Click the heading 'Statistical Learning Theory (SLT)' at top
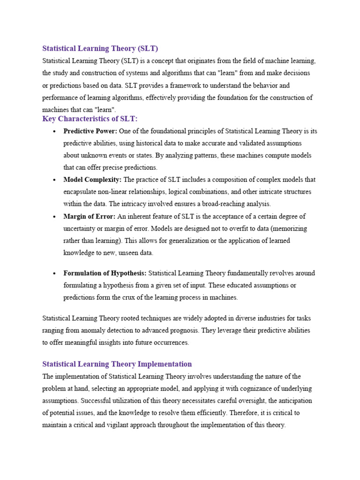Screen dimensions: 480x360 coord(100,48)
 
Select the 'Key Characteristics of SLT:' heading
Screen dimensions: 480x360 coord(90,119)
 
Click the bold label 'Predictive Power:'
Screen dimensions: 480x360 coord(90,131)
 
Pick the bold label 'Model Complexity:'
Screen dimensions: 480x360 coord(92,180)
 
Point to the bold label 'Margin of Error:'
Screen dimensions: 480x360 coord(89,216)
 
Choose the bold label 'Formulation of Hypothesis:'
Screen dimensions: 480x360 coord(105,273)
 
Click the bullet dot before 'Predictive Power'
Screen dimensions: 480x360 coord(55,132)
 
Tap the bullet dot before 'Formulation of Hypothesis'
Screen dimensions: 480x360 coord(55,273)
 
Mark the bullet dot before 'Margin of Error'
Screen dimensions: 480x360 coord(55,217)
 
